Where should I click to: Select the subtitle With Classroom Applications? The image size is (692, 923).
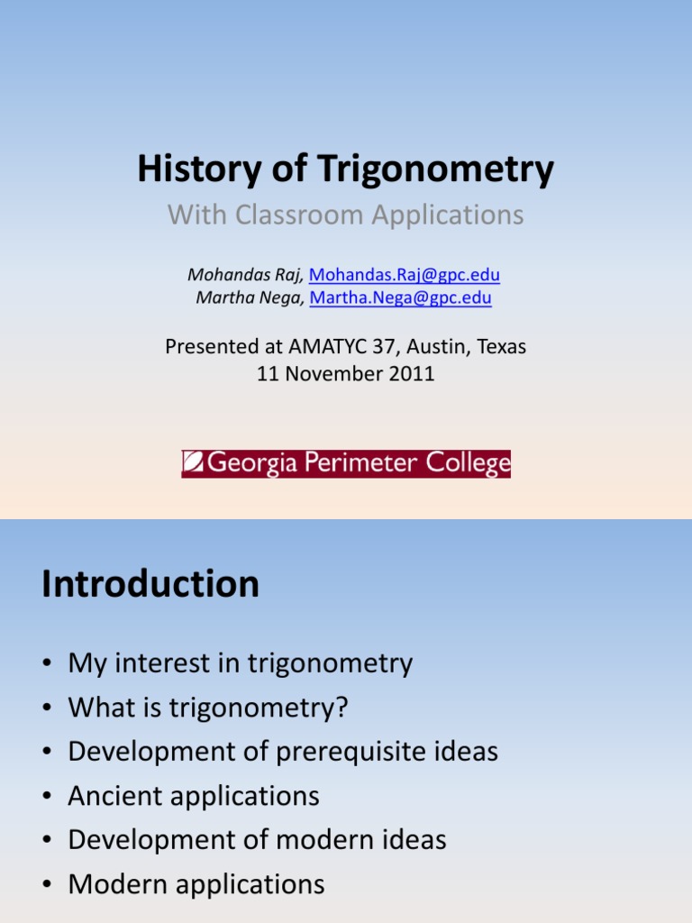346,215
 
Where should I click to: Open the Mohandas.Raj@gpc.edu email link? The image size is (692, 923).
405,275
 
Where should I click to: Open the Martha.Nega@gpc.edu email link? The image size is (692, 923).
401,297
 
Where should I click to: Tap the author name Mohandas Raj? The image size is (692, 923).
246,275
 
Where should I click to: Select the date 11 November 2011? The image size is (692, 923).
346,374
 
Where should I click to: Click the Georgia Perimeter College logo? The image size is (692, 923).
346,464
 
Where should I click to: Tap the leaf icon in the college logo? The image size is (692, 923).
193,464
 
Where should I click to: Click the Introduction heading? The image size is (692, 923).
150,584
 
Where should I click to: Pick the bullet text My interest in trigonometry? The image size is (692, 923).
241,664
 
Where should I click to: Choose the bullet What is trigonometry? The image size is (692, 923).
208,708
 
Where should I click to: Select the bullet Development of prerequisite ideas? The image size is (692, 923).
283,752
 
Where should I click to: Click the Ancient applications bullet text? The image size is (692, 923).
194,796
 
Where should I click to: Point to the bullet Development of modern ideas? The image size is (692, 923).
257,840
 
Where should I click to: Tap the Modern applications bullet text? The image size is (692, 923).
196,884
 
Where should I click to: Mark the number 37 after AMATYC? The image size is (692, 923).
384,346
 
